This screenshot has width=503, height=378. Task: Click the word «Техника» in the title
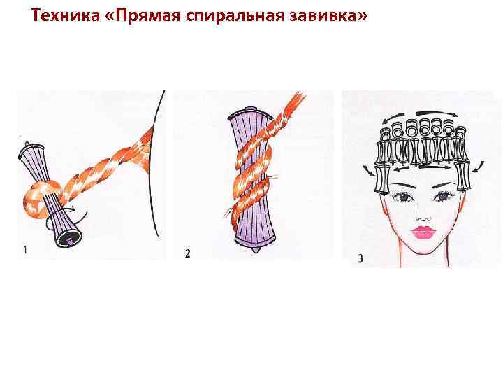[x=66, y=15]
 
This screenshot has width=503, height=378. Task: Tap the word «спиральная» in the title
[x=235, y=15]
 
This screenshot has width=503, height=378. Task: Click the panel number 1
[x=25, y=250]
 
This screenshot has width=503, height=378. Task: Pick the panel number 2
[x=187, y=253]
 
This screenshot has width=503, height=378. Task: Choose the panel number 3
[x=360, y=258]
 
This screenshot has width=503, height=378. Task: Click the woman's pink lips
[x=423, y=232]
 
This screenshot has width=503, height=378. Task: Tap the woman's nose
[x=424, y=218]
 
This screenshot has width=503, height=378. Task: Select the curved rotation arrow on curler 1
[x=64, y=216]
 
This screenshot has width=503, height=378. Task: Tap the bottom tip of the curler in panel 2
[x=255, y=249]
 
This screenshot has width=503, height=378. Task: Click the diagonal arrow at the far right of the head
[x=479, y=167]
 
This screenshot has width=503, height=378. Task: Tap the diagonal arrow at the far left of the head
[x=369, y=171]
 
